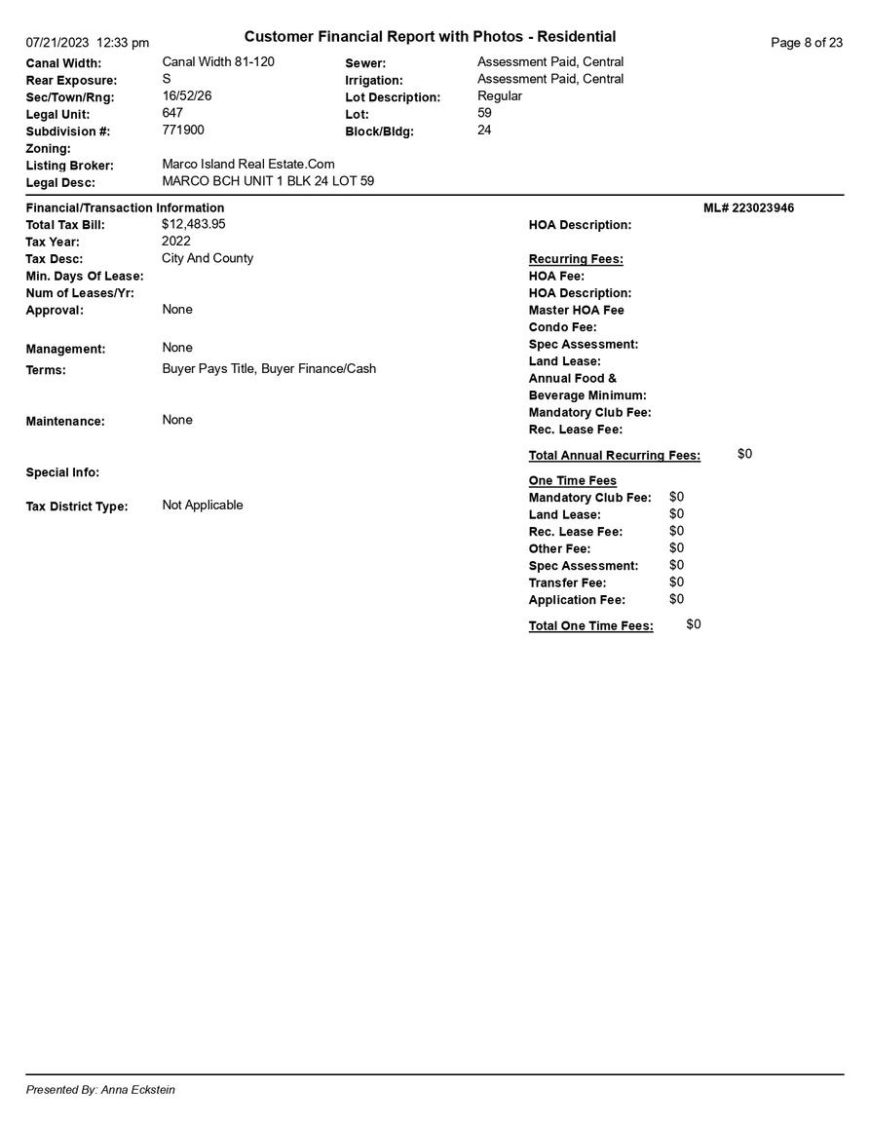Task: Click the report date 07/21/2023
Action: pos(57,43)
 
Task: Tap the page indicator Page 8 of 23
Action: pos(807,43)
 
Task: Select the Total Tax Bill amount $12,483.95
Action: pos(194,224)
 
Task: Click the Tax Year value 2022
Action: pos(176,241)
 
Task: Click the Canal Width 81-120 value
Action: pos(218,61)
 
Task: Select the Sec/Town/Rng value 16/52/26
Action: pos(187,95)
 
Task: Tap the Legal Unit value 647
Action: pos(172,113)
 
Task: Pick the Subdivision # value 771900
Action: pos(183,130)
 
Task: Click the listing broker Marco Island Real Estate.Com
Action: pos(248,164)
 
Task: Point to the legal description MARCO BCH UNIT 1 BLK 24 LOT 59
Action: pos(268,181)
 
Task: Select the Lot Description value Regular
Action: pos(500,95)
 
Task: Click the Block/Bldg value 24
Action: pos(484,130)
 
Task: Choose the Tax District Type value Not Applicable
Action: pos(203,505)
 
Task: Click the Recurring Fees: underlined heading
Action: pos(576,259)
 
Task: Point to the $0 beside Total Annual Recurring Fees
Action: pos(744,454)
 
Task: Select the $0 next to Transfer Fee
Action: pos(676,582)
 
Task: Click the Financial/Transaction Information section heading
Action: pos(125,207)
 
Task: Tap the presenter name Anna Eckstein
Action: pos(138,1090)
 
